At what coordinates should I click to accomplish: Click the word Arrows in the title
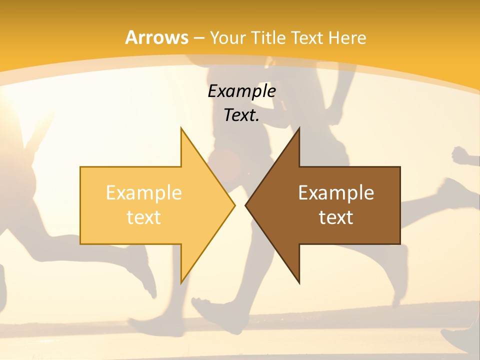[x=156, y=37]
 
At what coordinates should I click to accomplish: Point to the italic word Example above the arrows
[x=241, y=91]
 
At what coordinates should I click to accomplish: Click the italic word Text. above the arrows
[x=241, y=115]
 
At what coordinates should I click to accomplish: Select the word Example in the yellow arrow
[x=143, y=193]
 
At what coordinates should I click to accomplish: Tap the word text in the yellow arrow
[x=143, y=217]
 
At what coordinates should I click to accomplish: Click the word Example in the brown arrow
[x=336, y=193]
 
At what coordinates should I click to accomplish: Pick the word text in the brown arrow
[x=336, y=217]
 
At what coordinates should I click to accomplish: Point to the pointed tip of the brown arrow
[x=246, y=205]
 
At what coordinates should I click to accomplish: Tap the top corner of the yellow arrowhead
[x=181, y=128]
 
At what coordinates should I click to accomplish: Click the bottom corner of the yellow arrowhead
[x=181, y=282]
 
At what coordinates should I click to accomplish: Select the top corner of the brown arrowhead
[x=299, y=128]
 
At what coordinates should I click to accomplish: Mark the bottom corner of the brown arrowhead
[x=299, y=282]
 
